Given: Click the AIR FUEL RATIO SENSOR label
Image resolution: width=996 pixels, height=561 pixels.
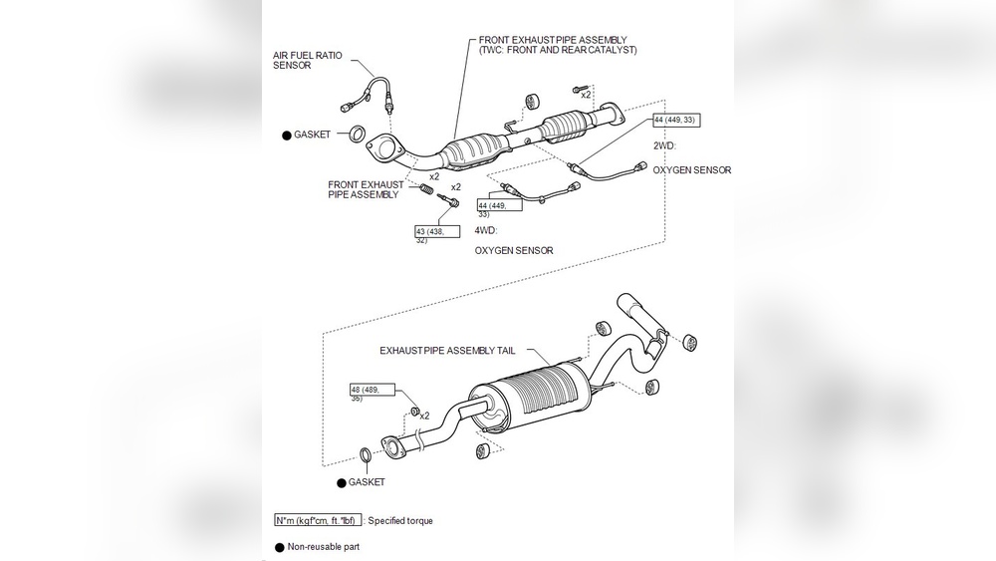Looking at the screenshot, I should tap(307, 60).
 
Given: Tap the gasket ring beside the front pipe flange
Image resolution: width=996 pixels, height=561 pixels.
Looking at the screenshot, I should tap(353, 134).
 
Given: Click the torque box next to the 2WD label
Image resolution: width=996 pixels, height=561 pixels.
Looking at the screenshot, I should tap(675, 120).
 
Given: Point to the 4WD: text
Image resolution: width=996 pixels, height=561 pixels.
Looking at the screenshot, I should tap(487, 229).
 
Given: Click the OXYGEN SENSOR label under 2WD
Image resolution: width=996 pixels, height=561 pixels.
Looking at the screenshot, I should tap(691, 170).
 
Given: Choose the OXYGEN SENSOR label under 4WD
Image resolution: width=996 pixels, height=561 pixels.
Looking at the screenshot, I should tap(513, 251).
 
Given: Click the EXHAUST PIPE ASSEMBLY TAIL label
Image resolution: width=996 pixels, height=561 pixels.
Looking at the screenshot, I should tap(451, 351).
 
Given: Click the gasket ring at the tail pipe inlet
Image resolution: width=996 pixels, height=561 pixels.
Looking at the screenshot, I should tap(367, 456).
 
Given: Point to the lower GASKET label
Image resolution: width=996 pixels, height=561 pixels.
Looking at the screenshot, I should tap(366, 482).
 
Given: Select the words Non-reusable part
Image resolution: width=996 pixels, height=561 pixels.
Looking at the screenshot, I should tap(324, 547).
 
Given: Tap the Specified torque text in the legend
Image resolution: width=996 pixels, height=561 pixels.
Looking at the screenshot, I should tap(400, 520).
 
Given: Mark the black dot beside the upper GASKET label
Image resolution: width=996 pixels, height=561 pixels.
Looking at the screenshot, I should tap(286, 134).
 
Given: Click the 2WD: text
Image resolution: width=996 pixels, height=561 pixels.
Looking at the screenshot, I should tap(665, 145).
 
